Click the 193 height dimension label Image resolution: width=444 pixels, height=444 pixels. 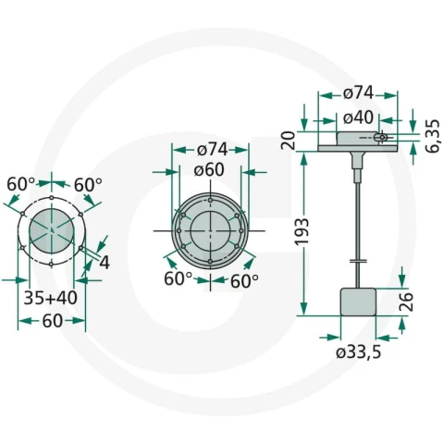point(302,231)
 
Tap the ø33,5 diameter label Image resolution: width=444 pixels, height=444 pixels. point(358,351)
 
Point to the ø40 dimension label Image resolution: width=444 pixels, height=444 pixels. point(358,117)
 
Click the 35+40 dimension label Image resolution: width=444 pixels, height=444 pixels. point(51,298)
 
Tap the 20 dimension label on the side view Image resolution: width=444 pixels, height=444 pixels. point(289,141)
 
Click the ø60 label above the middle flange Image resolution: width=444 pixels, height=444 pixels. point(209,170)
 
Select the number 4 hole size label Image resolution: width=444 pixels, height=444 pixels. point(105,263)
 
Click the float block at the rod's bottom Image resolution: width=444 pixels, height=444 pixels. point(358,302)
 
